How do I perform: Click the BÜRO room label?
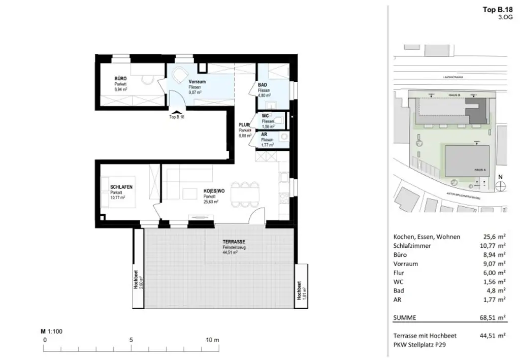120,79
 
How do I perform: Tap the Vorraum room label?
197,82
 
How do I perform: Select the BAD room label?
263,85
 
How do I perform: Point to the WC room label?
265,116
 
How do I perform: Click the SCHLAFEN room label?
121,187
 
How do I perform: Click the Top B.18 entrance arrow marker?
176,112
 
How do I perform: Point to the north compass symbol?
501,185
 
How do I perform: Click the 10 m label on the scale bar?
212,340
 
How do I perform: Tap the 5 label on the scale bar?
131,340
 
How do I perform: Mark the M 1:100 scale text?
51,331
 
